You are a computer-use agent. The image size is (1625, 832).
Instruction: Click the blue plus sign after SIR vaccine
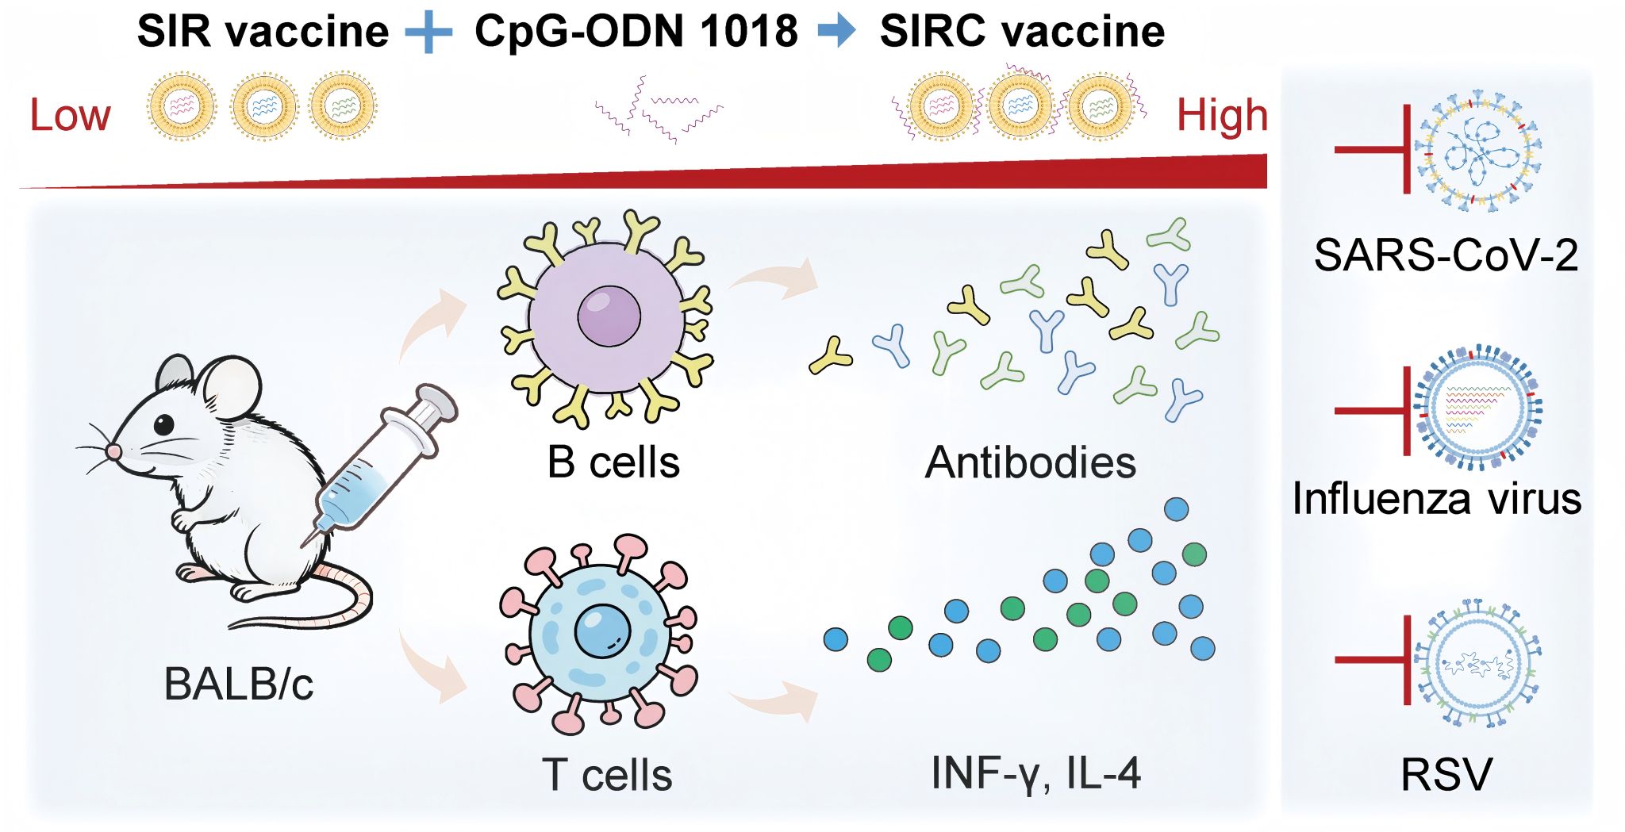point(428,33)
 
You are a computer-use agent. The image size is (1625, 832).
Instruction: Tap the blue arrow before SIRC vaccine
point(837,31)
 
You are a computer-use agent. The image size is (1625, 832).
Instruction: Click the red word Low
point(70,116)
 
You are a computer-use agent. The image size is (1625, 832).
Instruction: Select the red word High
point(1222,116)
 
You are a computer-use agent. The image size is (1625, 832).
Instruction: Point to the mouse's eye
point(163,424)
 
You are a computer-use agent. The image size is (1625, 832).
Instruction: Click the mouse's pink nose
point(114,451)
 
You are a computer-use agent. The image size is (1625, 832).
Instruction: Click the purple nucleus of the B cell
point(609,315)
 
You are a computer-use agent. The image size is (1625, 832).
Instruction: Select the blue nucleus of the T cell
point(601,631)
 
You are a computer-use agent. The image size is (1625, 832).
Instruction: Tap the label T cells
point(607,775)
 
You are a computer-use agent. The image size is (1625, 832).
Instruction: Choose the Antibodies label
point(1030,462)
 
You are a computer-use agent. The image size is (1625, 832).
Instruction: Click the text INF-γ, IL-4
point(1035,773)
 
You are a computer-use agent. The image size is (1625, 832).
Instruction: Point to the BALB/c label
point(238,684)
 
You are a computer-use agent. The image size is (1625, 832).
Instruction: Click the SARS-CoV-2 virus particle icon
point(1477,151)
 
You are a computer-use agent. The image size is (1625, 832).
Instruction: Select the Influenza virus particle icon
point(1477,408)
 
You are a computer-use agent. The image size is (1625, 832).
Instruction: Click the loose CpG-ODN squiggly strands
point(659,112)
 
